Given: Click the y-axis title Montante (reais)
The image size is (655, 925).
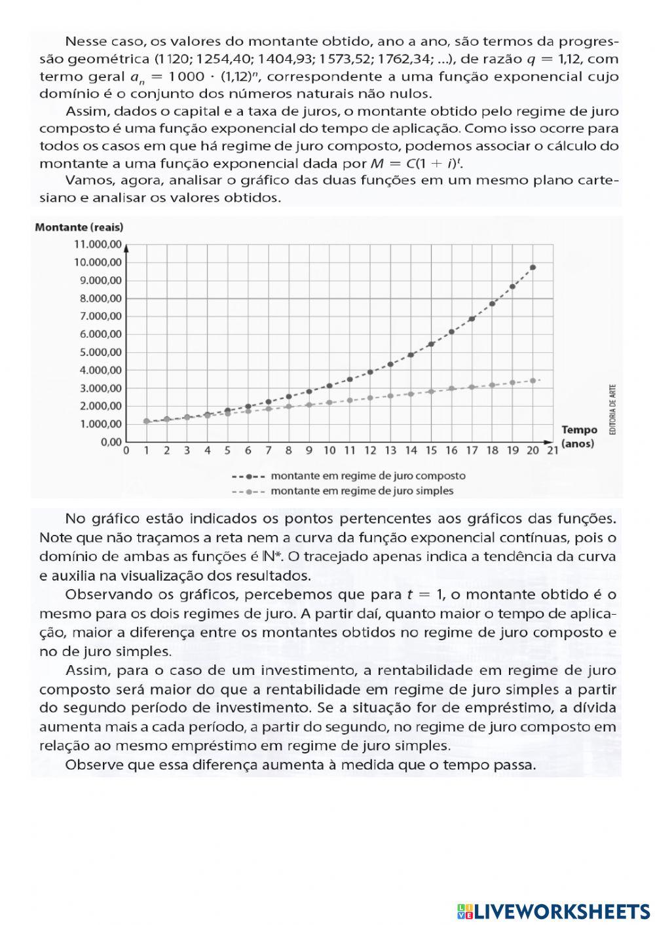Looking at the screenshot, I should (x=79, y=227).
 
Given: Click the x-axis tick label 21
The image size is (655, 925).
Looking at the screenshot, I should (x=552, y=450).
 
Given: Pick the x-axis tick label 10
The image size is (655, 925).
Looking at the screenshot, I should (x=329, y=450).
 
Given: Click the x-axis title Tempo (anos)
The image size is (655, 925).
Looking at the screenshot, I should (x=579, y=437).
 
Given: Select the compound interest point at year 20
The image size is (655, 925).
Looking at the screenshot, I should (x=533, y=267).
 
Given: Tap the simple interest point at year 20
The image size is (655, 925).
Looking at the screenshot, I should (x=533, y=380).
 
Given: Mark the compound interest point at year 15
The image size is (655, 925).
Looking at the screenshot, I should (x=431, y=344).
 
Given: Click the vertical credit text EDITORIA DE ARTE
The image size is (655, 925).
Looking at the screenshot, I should (x=612, y=409).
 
